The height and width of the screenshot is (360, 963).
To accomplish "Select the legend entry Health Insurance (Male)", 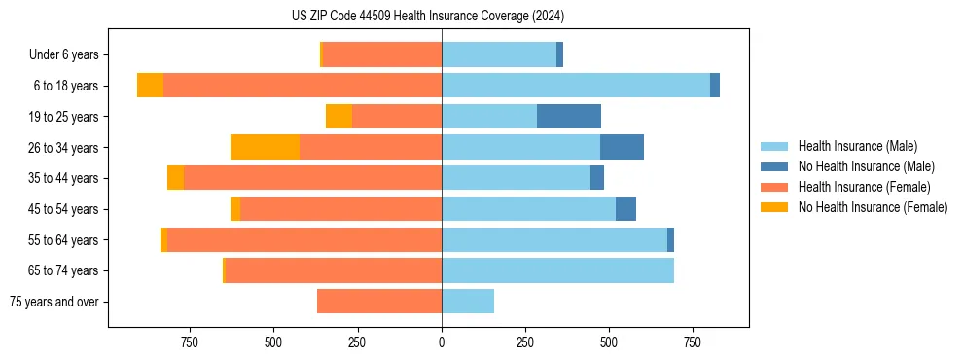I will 857,146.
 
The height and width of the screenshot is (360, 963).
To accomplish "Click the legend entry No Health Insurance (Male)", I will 866,166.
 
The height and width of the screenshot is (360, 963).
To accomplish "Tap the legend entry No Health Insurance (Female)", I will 873,207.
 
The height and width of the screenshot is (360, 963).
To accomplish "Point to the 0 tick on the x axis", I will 442,342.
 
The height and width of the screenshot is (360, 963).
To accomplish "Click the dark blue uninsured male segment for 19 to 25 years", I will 569,117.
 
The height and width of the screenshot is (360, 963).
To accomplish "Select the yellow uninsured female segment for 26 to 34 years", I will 265,147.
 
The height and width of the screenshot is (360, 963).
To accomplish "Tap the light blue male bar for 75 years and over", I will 468,302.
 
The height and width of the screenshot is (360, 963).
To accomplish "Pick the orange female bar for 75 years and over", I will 379,302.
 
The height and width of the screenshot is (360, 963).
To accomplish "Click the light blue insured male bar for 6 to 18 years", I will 576,86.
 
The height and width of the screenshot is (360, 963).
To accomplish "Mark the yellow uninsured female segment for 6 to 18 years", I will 150,86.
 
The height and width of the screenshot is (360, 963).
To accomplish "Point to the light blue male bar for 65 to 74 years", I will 557,270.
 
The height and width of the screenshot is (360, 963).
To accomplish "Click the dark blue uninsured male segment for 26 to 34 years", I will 622,147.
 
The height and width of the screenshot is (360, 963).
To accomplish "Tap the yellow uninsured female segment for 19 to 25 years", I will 339,117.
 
